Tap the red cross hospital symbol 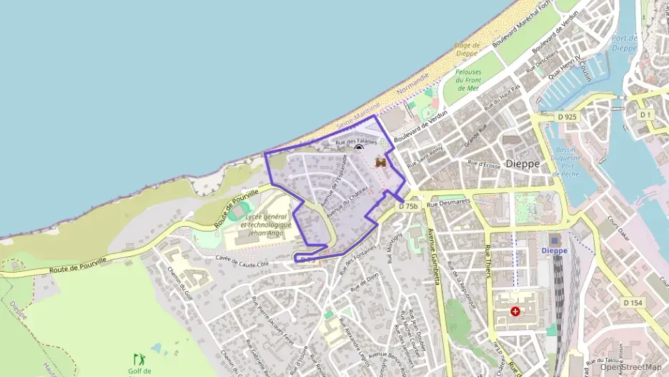(x=515, y=312)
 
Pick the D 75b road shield (x=407, y=206)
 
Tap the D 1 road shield (x=646, y=114)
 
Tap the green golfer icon (x=138, y=358)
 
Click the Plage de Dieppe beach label (x=465, y=49)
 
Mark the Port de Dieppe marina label (x=624, y=43)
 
